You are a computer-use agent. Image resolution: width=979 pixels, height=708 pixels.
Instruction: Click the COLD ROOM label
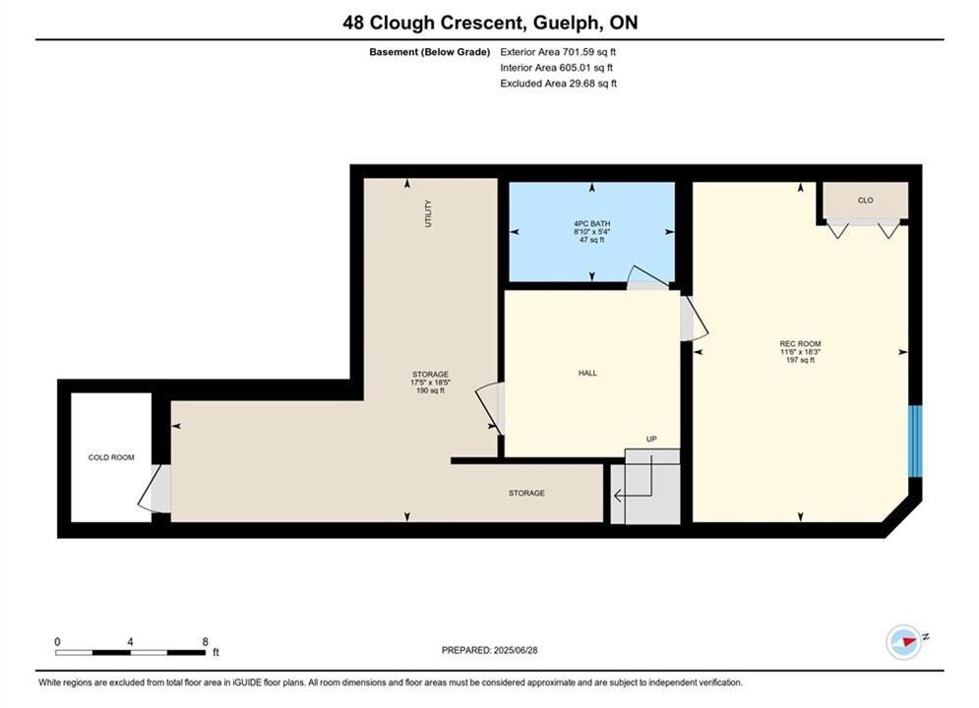click(x=111, y=457)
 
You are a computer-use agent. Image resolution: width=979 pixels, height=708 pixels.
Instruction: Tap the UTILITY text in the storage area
click(x=428, y=213)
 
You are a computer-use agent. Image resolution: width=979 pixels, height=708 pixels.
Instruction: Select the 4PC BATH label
click(x=592, y=223)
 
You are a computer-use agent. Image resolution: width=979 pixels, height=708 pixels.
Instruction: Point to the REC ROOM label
click(x=801, y=344)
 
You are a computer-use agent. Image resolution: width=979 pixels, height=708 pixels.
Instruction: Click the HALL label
click(x=587, y=373)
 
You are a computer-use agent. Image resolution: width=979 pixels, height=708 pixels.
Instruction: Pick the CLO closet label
click(x=866, y=201)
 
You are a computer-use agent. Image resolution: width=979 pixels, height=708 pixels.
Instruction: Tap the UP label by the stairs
click(x=651, y=440)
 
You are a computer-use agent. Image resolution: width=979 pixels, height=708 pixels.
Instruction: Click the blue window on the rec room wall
click(x=915, y=441)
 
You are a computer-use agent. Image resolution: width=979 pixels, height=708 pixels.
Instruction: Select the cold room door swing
click(x=153, y=489)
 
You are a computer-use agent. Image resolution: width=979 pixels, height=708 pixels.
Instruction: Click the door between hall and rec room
click(x=694, y=319)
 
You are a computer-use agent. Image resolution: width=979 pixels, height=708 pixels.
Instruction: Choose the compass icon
click(x=903, y=641)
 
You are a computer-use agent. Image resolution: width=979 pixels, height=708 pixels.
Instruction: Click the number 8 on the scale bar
click(x=206, y=641)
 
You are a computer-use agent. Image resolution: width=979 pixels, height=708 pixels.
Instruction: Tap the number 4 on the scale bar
click(x=130, y=641)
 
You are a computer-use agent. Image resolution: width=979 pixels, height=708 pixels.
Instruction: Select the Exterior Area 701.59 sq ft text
click(x=558, y=52)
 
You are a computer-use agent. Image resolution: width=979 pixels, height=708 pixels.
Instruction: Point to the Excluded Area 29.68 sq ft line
click(x=558, y=83)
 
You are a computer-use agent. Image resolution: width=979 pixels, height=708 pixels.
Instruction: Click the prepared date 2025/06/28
click(x=516, y=650)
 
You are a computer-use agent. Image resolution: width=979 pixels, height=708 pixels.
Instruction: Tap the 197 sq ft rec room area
click(x=801, y=360)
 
